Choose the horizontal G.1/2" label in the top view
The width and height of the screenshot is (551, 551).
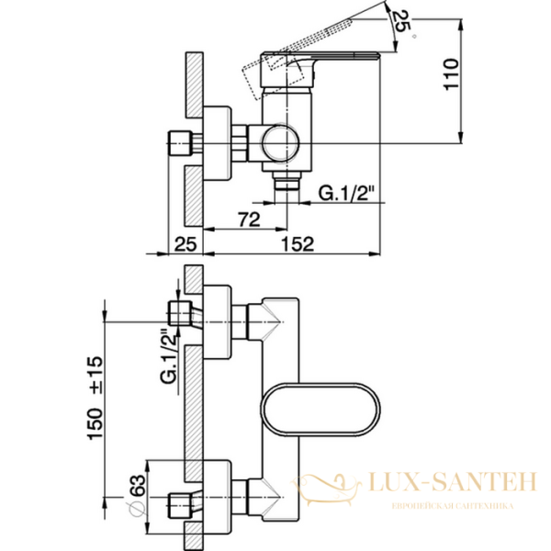click(x=350, y=193)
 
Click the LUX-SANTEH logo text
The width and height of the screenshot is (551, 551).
click(x=443, y=479)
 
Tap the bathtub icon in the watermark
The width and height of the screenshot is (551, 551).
click(x=334, y=486)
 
